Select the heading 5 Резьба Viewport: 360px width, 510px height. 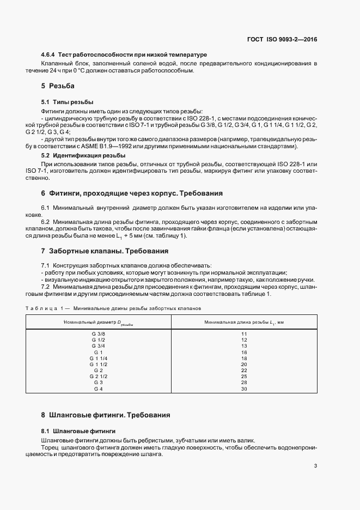pos(57,86)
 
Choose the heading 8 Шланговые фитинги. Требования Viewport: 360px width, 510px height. pos(106,415)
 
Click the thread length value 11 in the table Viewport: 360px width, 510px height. pos(244,333)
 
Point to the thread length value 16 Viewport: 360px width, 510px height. pos(244,352)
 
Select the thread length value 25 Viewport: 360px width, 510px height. pos(244,377)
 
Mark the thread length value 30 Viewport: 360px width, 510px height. pos(244,388)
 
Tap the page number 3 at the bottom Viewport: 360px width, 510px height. pos(316,466)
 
